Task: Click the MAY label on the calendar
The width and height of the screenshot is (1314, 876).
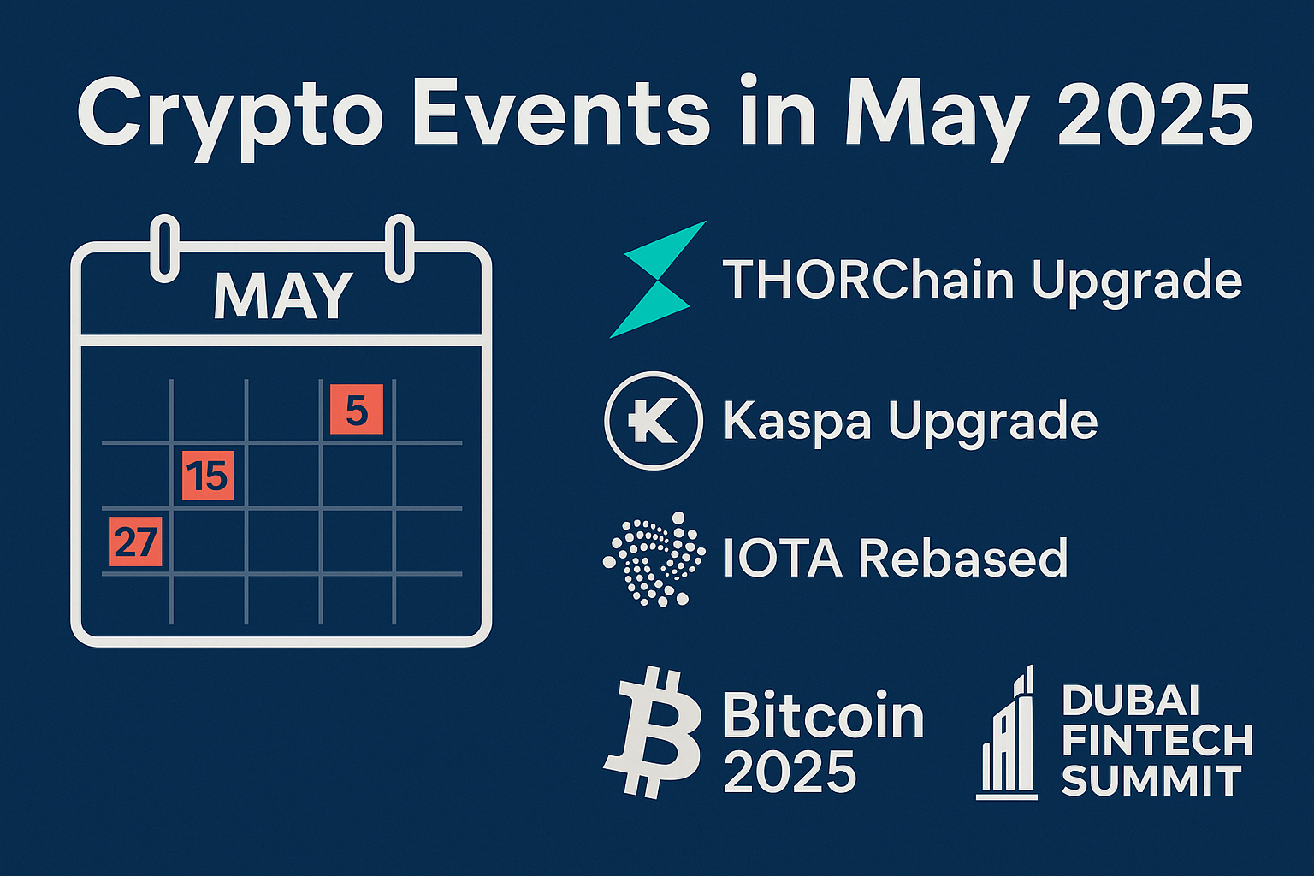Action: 283,296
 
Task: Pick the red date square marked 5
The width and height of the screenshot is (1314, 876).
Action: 357,410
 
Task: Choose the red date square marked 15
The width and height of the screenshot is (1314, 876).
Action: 208,476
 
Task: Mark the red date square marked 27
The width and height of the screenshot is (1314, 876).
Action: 135,542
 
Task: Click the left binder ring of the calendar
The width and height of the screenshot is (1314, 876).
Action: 165,248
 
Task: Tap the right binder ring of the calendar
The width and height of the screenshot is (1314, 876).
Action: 400,248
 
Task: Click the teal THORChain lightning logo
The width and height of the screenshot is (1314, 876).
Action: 657,280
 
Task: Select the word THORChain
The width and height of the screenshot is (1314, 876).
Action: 869,280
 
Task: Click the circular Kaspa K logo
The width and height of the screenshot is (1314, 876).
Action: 654,420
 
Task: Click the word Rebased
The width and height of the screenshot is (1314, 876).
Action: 963,557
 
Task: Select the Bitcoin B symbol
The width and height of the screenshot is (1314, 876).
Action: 653,731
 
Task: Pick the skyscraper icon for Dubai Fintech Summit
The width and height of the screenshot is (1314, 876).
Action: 1007,732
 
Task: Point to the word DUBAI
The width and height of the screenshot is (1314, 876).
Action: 1130,701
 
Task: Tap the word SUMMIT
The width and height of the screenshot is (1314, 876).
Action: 1151,780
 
